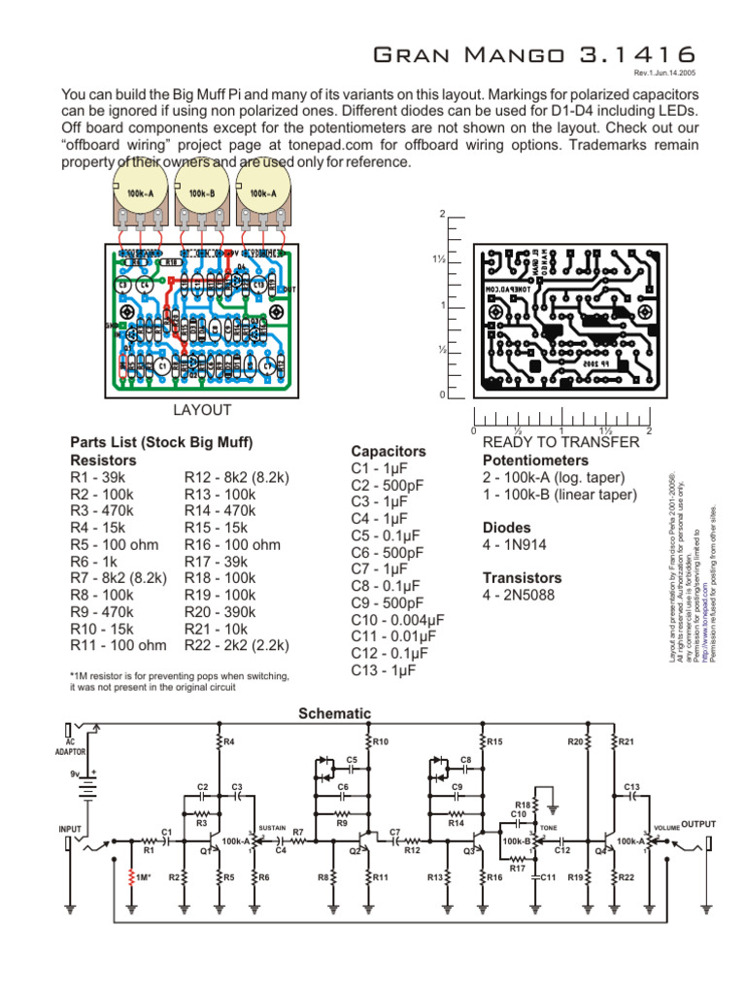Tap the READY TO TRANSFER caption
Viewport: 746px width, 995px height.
click(561, 442)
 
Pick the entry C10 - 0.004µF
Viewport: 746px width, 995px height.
click(397, 619)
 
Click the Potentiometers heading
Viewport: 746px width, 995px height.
click(535, 460)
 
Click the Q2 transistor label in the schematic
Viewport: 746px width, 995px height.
click(356, 850)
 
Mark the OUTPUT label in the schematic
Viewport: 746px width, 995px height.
click(697, 824)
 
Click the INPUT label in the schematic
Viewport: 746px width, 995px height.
click(72, 828)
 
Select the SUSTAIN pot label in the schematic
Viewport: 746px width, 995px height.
click(271, 827)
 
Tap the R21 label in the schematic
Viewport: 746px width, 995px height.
click(626, 742)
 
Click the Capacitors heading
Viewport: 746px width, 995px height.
click(389, 452)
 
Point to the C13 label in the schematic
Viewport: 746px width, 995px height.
click(631, 786)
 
